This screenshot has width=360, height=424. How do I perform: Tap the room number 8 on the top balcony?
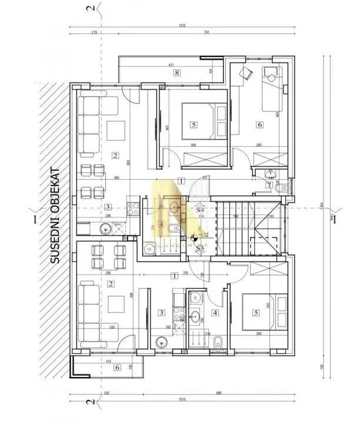[176, 73]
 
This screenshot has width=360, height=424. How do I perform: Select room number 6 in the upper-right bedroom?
[259, 124]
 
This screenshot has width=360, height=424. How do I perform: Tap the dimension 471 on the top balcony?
[172, 65]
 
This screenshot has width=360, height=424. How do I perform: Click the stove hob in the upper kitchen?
[134, 208]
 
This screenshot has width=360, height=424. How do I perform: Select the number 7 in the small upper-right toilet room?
[269, 185]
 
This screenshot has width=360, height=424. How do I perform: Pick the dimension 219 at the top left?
[95, 34]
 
